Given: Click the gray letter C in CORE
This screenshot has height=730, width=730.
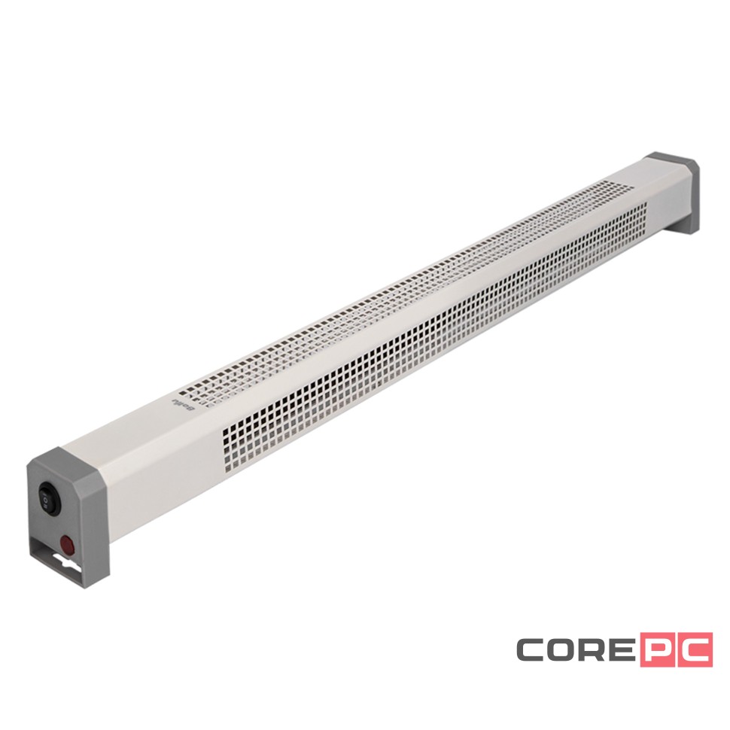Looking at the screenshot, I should [533, 650].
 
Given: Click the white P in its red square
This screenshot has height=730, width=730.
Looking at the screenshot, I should [659, 650].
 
